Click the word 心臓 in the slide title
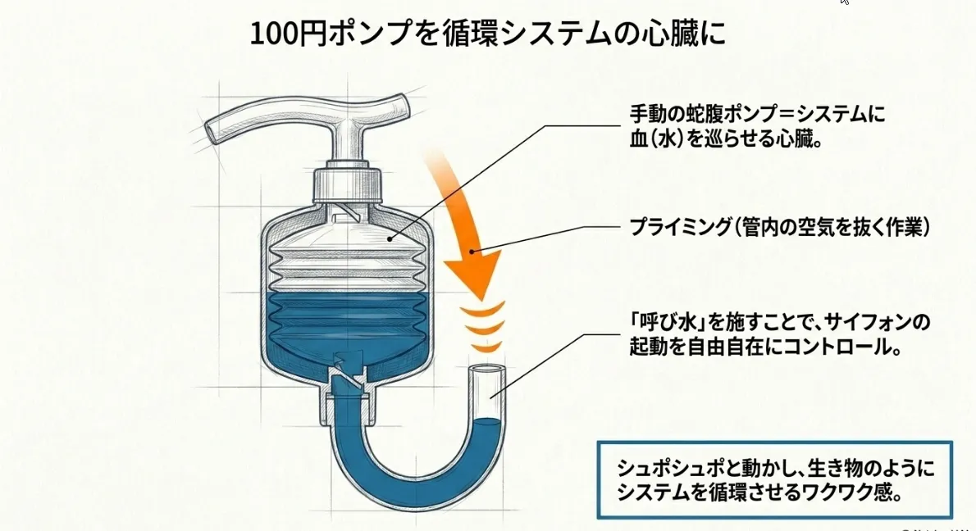pyautogui.click(x=670, y=34)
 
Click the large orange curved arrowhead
pyautogui.click(x=474, y=271)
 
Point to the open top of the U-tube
pyautogui.click(x=486, y=370)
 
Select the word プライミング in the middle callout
pyautogui.click(x=680, y=227)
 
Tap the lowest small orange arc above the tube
pyautogui.click(x=486, y=347)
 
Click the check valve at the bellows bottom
pyautogui.click(x=347, y=370)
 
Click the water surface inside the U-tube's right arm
pyautogui.click(x=486, y=422)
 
